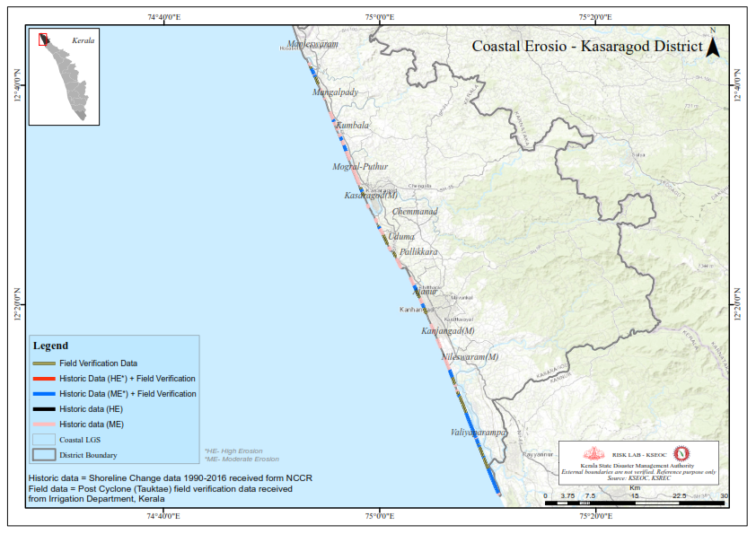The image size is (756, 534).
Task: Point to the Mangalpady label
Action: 335,92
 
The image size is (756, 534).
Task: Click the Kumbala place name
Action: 352,126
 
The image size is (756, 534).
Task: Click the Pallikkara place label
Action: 418,253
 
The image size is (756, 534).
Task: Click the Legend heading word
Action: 50,346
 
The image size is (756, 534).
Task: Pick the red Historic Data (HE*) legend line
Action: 44,379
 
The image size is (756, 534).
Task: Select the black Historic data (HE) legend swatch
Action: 44,409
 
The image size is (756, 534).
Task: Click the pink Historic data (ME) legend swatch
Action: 44,425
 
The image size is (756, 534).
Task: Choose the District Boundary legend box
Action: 44,455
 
